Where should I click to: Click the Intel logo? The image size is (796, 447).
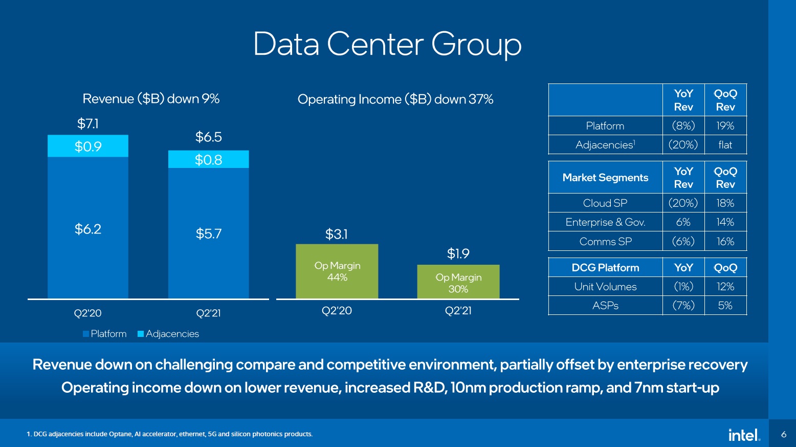point(744,435)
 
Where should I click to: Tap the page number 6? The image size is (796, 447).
point(783,434)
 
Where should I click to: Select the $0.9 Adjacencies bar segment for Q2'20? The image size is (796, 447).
point(88,146)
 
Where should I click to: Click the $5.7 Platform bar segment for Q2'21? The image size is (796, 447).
point(209,233)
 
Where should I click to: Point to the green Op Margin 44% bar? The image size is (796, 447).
point(337,271)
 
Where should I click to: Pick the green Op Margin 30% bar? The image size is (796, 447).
point(458,282)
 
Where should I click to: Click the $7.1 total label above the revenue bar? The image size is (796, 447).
point(88,123)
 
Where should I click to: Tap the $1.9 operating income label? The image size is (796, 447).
point(458,253)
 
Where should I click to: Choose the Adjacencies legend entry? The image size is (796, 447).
point(168,334)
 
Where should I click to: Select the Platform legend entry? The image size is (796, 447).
point(105,334)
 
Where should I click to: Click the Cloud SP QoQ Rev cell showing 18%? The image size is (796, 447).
point(725,203)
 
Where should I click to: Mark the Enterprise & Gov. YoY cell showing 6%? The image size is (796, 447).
point(683,222)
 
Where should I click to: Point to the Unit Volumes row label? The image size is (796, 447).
point(605,287)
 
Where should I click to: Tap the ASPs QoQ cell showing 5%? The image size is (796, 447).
point(725,306)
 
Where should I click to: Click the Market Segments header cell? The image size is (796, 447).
point(605,178)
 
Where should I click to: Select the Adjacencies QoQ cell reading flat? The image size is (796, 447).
point(725,145)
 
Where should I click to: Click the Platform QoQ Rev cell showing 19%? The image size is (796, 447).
point(725,126)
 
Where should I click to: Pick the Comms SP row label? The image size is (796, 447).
point(605,241)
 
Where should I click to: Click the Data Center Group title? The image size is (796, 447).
point(387,44)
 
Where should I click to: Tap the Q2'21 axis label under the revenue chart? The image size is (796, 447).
point(209,313)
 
